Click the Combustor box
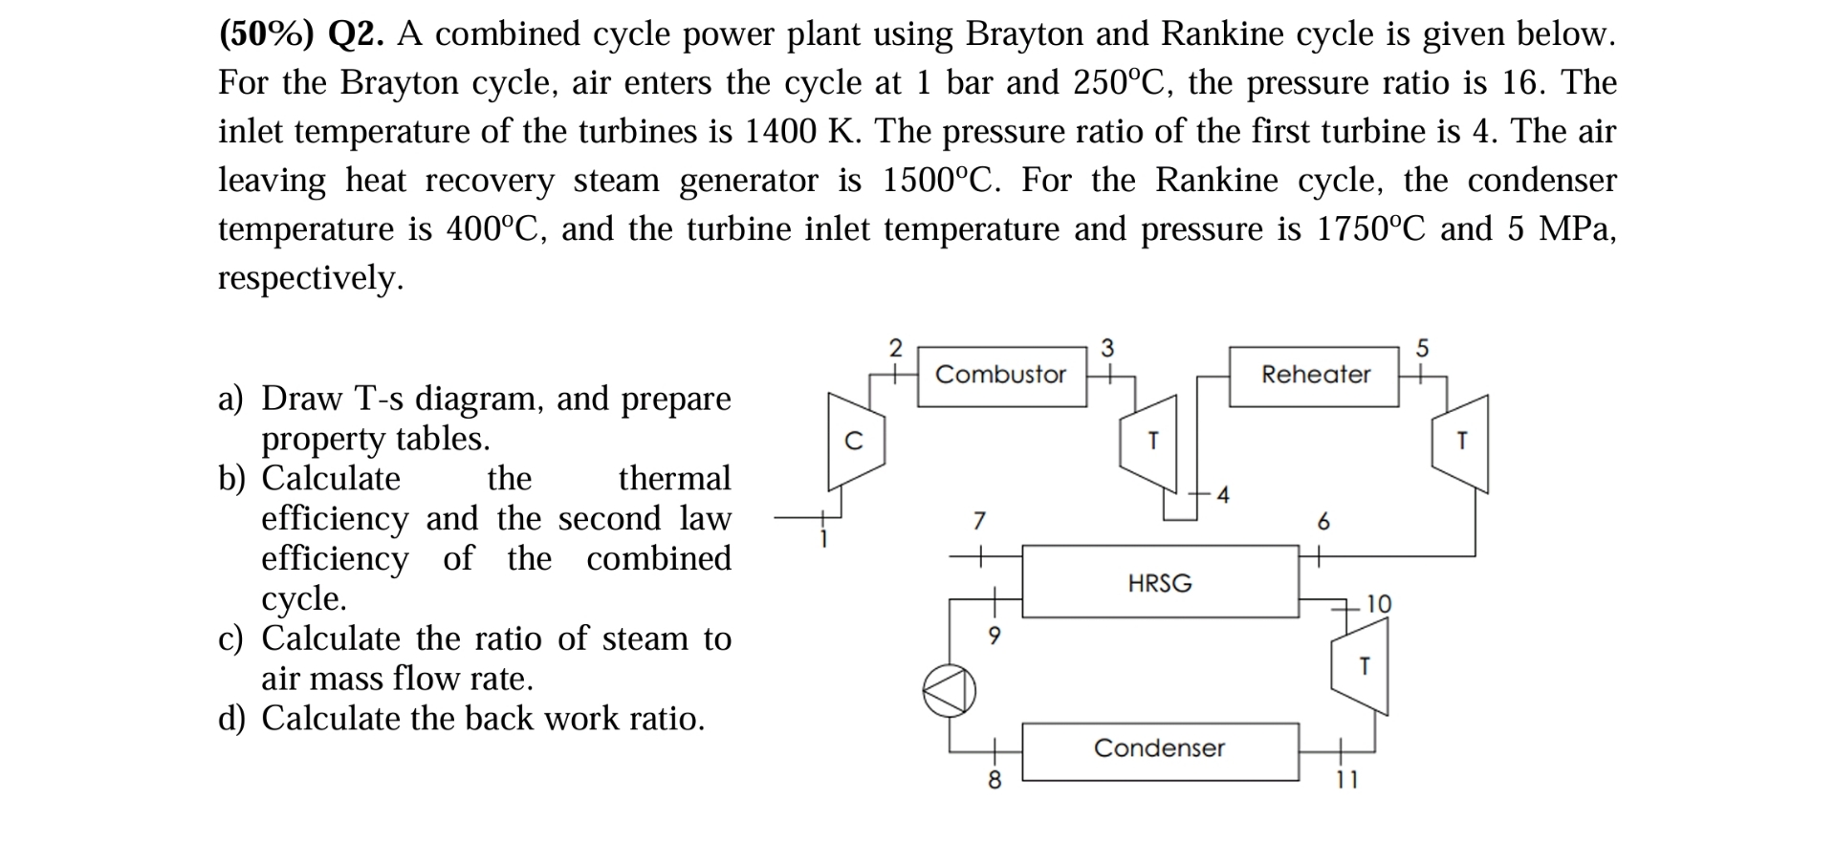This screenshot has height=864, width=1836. (1001, 376)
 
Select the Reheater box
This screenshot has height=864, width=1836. (1315, 376)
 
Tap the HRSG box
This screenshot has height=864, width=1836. (1160, 582)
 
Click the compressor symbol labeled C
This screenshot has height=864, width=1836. (856, 441)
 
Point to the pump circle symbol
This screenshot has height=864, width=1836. (949, 691)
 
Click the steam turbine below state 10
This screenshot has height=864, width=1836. (1361, 665)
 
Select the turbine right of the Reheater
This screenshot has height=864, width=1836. (1460, 443)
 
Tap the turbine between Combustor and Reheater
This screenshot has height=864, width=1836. (1150, 443)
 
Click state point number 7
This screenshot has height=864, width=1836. (978, 521)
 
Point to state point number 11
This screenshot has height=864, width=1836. (1346, 781)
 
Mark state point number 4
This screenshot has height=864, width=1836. (1223, 494)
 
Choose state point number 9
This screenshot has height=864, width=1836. (994, 636)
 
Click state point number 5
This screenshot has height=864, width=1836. (1422, 349)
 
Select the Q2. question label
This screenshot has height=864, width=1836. (357, 34)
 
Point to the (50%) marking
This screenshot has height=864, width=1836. (267, 34)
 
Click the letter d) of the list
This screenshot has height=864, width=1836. (231, 719)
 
